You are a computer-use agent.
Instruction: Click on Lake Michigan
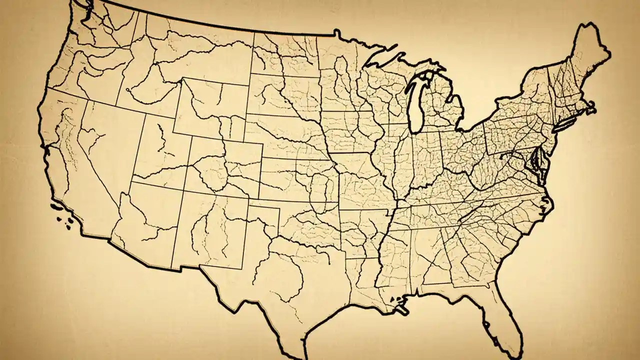pyautogui.click(x=416, y=102)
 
